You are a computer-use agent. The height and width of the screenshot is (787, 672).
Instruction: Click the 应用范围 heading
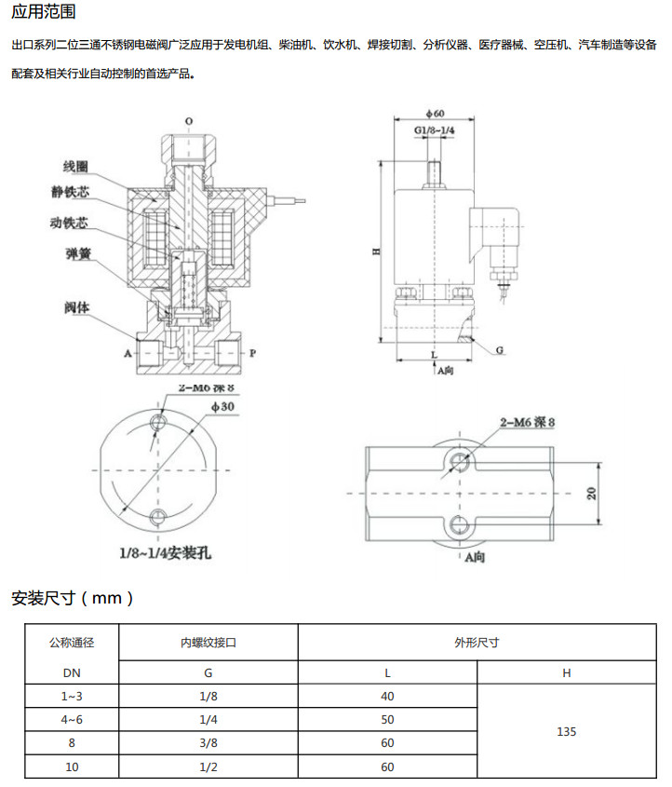coord(44,11)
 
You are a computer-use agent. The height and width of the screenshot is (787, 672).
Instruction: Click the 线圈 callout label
coord(75,167)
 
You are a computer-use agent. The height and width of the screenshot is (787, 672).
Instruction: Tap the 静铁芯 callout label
coord(70,192)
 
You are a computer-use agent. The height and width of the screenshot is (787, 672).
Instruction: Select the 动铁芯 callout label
coord(69,223)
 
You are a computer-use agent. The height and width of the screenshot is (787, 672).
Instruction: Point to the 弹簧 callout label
coord(79,254)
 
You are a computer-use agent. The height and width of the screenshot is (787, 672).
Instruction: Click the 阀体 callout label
coord(76,307)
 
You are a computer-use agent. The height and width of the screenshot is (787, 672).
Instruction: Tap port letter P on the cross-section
coord(253,353)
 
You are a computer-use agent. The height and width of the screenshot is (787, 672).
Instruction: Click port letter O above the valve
coord(189,121)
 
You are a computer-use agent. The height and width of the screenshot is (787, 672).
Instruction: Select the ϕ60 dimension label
coord(435,114)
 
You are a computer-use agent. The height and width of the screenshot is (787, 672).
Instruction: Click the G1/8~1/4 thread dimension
coord(435,130)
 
